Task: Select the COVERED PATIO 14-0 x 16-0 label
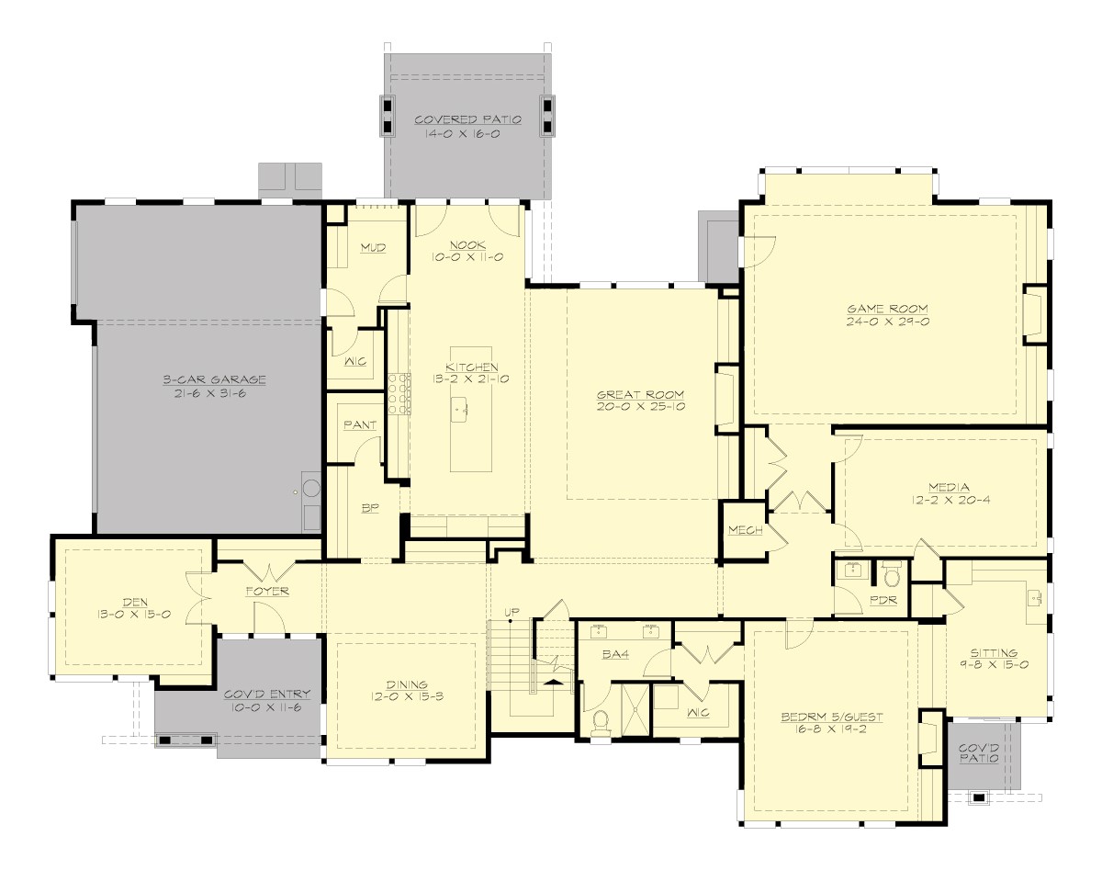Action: coord(467,126)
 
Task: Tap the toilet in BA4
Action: coord(602,719)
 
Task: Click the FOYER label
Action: coord(267,591)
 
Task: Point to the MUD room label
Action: coord(372,248)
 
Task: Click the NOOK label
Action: coord(468,244)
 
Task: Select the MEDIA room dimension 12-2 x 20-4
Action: coord(948,501)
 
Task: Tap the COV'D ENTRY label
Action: coord(266,695)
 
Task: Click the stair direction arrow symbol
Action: coord(554,682)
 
